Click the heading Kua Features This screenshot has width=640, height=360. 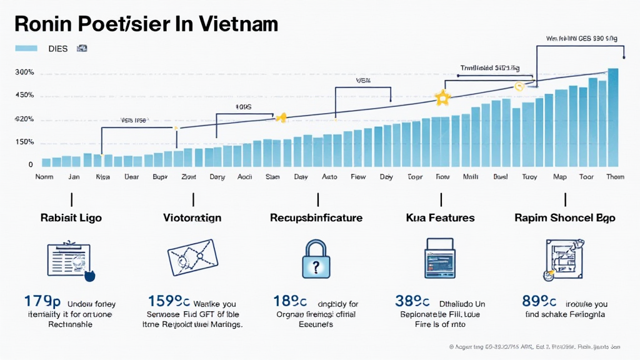(x=440, y=218)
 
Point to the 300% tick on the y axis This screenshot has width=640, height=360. (x=24, y=73)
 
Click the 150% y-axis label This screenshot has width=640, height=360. (x=24, y=142)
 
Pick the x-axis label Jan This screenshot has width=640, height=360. (x=74, y=177)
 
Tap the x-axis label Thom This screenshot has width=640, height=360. (x=615, y=177)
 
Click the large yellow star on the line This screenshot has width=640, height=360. (x=442, y=97)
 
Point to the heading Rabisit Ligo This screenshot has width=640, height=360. (x=71, y=218)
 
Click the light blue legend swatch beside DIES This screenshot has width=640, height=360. (x=27, y=48)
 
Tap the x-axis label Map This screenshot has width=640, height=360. (x=560, y=177)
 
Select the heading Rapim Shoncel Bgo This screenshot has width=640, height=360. (x=565, y=218)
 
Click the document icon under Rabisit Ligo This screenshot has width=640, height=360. (x=69, y=258)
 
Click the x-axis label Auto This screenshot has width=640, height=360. (x=329, y=177)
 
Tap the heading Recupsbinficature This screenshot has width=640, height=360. (x=317, y=218)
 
